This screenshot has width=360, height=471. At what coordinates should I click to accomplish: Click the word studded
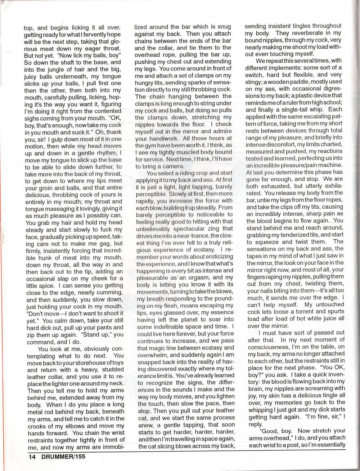[112, 369]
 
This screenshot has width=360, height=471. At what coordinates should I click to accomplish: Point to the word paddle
[296, 82]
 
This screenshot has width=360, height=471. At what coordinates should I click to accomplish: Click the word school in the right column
[332, 102]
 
